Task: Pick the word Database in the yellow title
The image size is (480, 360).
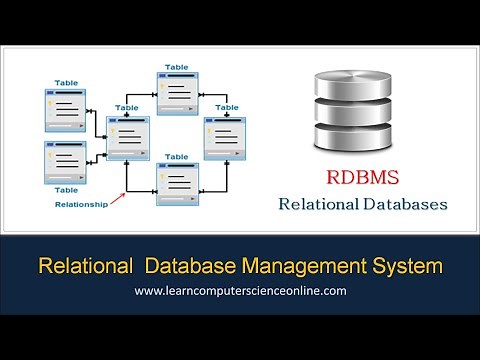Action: (x=193, y=267)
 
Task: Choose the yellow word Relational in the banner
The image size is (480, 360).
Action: (x=84, y=267)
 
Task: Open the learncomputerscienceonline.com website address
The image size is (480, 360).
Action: (x=240, y=291)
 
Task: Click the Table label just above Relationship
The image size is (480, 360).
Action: (x=65, y=188)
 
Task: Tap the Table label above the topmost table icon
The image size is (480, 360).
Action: (x=177, y=66)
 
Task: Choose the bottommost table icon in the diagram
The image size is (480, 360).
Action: (x=176, y=182)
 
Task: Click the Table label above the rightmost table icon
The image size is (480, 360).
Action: (x=227, y=107)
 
